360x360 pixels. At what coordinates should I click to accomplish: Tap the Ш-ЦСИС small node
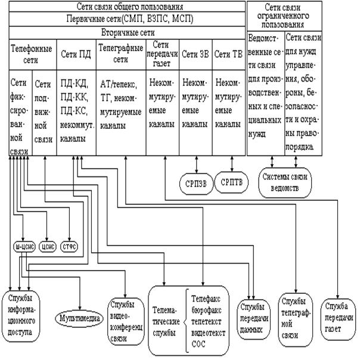(23, 245)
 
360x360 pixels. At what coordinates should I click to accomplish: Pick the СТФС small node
(70, 245)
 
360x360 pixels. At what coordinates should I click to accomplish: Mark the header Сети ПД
(76, 54)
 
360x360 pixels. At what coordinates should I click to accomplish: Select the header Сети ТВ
(229, 54)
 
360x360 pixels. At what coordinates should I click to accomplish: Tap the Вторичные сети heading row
(125, 30)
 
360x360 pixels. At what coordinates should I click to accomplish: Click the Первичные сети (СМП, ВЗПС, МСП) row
(125, 18)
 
